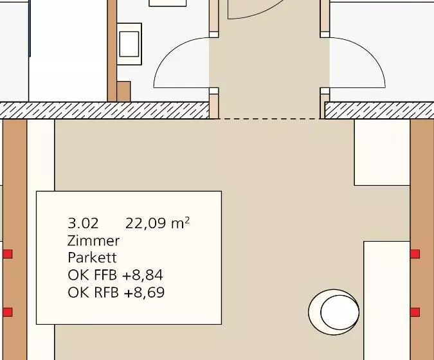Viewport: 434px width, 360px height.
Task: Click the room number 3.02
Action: (x=83, y=223)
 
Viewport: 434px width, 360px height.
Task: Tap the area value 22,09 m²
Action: (x=158, y=223)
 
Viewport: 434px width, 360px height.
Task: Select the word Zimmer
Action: (x=94, y=240)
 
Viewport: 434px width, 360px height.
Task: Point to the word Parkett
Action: (x=92, y=258)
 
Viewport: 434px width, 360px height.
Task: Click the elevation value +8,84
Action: (x=143, y=275)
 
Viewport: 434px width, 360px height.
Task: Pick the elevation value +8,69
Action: (x=144, y=292)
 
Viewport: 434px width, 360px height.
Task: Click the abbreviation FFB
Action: (x=105, y=275)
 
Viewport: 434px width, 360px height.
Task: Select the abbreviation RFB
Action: (x=106, y=292)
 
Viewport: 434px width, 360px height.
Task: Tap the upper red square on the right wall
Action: (x=415, y=254)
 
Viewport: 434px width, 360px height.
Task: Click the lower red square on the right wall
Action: (x=415, y=312)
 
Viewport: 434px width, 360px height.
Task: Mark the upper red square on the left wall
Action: (x=8, y=254)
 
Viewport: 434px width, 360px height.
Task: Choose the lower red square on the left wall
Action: (x=8, y=312)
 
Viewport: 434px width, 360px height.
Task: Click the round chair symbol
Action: (x=334, y=312)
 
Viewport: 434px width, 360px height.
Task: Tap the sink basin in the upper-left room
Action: (x=129, y=44)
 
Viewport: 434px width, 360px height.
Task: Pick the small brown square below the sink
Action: (x=123, y=91)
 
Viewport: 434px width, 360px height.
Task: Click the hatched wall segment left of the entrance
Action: (x=105, y=111)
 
